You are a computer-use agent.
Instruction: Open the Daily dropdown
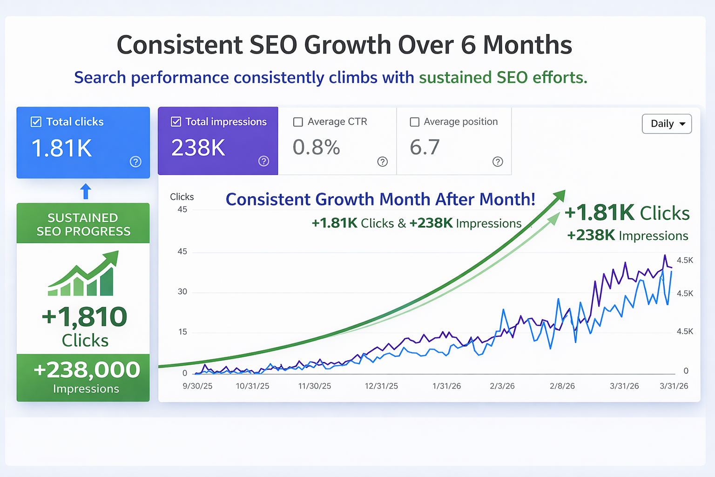[x=667, y=124]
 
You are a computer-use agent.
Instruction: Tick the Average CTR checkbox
[x=298, y=122]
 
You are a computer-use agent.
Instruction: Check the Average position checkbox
[x=414, y=122]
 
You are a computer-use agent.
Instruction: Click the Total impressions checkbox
[x=176, y=122]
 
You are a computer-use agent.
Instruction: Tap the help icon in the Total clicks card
[x=135, y=162]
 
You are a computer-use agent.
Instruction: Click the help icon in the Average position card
[x=498, y=162]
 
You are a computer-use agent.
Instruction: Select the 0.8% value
[x=316, y=147]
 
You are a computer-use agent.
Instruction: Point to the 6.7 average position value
[x=425, y=147]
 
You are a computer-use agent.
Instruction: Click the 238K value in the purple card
[x=198, y=148]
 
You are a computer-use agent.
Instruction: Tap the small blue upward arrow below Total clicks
[x=86, y=191]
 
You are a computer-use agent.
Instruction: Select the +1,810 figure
[x=84, y=317]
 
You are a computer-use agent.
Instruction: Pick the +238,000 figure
[x=87, y=370]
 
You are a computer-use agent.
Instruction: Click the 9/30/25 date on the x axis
[x=197, y=386]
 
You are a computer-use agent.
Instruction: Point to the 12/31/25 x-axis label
[x=381, y=386]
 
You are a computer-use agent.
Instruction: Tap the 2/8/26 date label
[x=562, y=386]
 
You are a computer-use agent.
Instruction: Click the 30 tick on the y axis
[x=182, y=292]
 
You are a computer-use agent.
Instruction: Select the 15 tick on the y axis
[x=182, y=332]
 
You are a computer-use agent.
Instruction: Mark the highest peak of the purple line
[x=665, y=256]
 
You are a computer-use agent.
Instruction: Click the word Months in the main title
[x=527, y=45]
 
